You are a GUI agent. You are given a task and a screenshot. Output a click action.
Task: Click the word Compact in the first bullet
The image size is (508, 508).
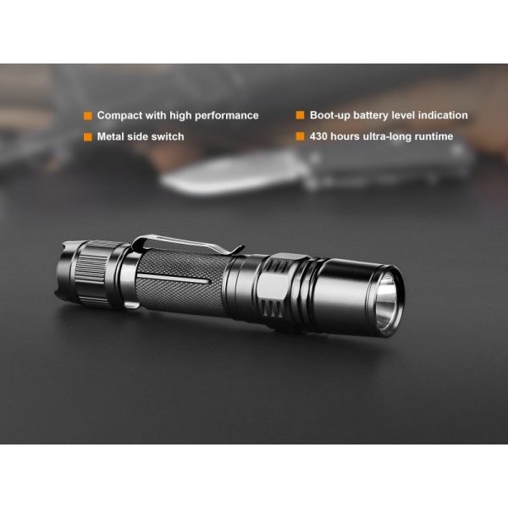tap(120, 115)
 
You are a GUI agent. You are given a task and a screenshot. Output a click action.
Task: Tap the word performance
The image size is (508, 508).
tap(227, 115)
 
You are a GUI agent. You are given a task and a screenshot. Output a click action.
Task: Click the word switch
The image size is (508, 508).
tap(167, 135)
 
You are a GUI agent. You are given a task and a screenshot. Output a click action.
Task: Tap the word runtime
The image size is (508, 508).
tap(432, 135)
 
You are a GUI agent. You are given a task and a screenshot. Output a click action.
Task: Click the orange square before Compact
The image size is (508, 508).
tap(87, 115)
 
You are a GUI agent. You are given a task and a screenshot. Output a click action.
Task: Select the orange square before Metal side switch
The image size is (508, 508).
tap(87, 135)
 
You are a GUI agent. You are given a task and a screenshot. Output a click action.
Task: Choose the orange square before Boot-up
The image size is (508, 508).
tap(300, 115)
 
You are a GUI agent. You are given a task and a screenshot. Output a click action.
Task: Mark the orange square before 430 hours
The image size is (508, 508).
tap(300, 135)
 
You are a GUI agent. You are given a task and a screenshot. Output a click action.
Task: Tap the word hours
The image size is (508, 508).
tap(349, 135)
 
